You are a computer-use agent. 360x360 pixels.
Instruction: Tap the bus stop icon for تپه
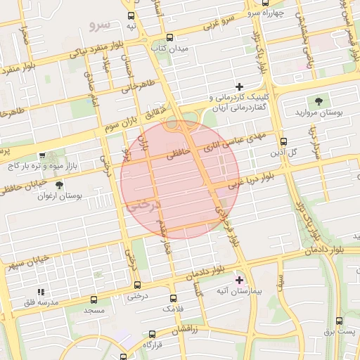point(130,15)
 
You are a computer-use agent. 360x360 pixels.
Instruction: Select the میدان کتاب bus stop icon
point(169,37)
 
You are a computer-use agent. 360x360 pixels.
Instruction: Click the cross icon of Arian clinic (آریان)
point(239,86)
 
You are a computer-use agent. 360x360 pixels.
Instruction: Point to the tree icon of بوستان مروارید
point(320,101)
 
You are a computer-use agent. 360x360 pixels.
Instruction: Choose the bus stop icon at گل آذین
point(283,141)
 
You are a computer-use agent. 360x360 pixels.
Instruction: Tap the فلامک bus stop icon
point(173,298)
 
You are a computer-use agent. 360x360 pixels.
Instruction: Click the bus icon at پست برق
point(339,321)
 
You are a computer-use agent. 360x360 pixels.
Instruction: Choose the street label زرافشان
point(188,328)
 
